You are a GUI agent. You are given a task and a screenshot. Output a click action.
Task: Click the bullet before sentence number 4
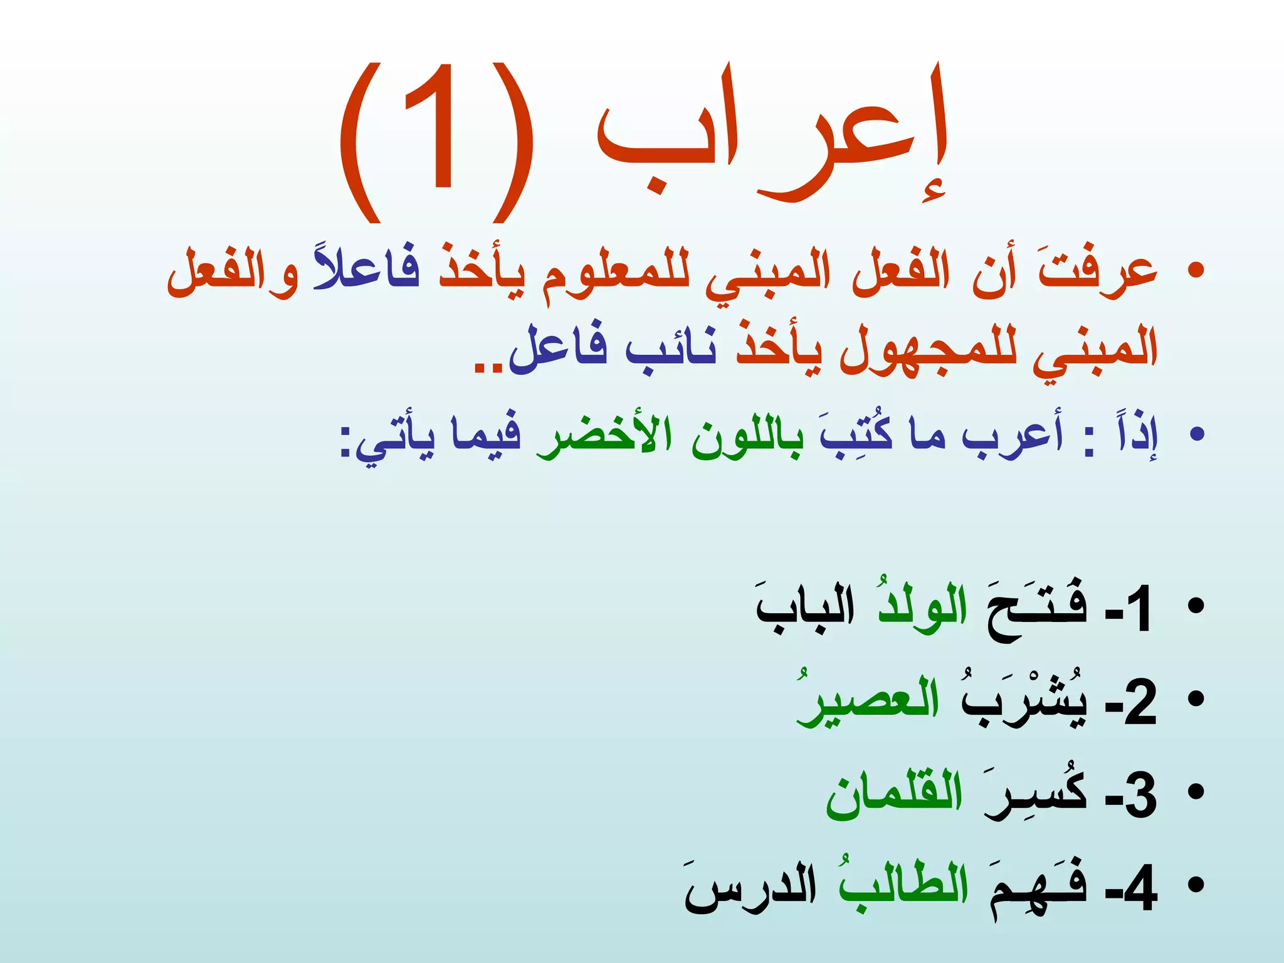1196,885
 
